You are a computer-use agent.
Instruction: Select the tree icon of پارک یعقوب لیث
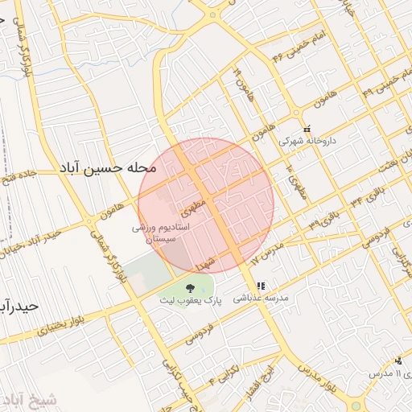(x=191, y=288)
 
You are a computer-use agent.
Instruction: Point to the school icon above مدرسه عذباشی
(x=260, y=286)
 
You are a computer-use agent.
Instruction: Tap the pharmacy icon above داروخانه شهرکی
(x=306, y=128)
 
